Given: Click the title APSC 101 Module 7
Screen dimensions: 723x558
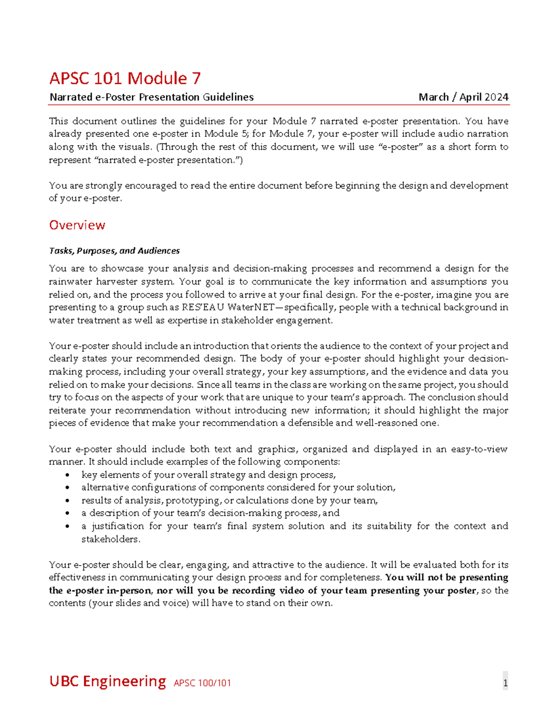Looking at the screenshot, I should pyautogui.click(x=125, y=78).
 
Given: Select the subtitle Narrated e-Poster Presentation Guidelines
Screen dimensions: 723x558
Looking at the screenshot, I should pyautogui.click(x=152, y=97).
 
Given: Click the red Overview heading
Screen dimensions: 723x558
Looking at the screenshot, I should pyautogui.click(x=77, y=225).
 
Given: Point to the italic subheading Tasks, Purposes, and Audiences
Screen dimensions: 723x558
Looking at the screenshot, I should pyautogui.click(x=114, y=251).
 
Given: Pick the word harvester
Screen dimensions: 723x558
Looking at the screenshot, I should pyautogui.click(x=115, y=282).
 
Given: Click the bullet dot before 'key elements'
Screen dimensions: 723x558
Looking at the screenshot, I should pyautogui.click(x=68, y=475).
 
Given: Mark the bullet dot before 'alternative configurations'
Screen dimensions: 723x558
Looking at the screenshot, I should pyautogui.click(x=68, y=488).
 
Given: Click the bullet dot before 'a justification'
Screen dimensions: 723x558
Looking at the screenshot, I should pyautogui.click(x=68, y=527).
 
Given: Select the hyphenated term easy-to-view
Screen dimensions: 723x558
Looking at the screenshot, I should pyautogui.click(x=479, y=449).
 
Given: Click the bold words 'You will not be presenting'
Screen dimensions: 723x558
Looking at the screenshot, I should pyautogui.click(x=446, y=578).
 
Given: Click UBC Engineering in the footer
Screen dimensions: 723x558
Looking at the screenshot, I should pyautogui.click(x=107, y=681).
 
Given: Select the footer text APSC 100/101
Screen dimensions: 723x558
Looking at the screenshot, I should pyautogui.click(x=202, y=683).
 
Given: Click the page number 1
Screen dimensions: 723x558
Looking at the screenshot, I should pyautogui.click(x=505, y=683).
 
